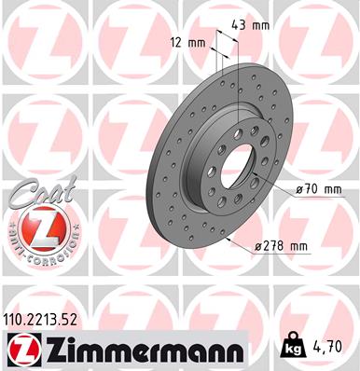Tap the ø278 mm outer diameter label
281,246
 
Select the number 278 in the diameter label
277,246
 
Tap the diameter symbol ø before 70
299,189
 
